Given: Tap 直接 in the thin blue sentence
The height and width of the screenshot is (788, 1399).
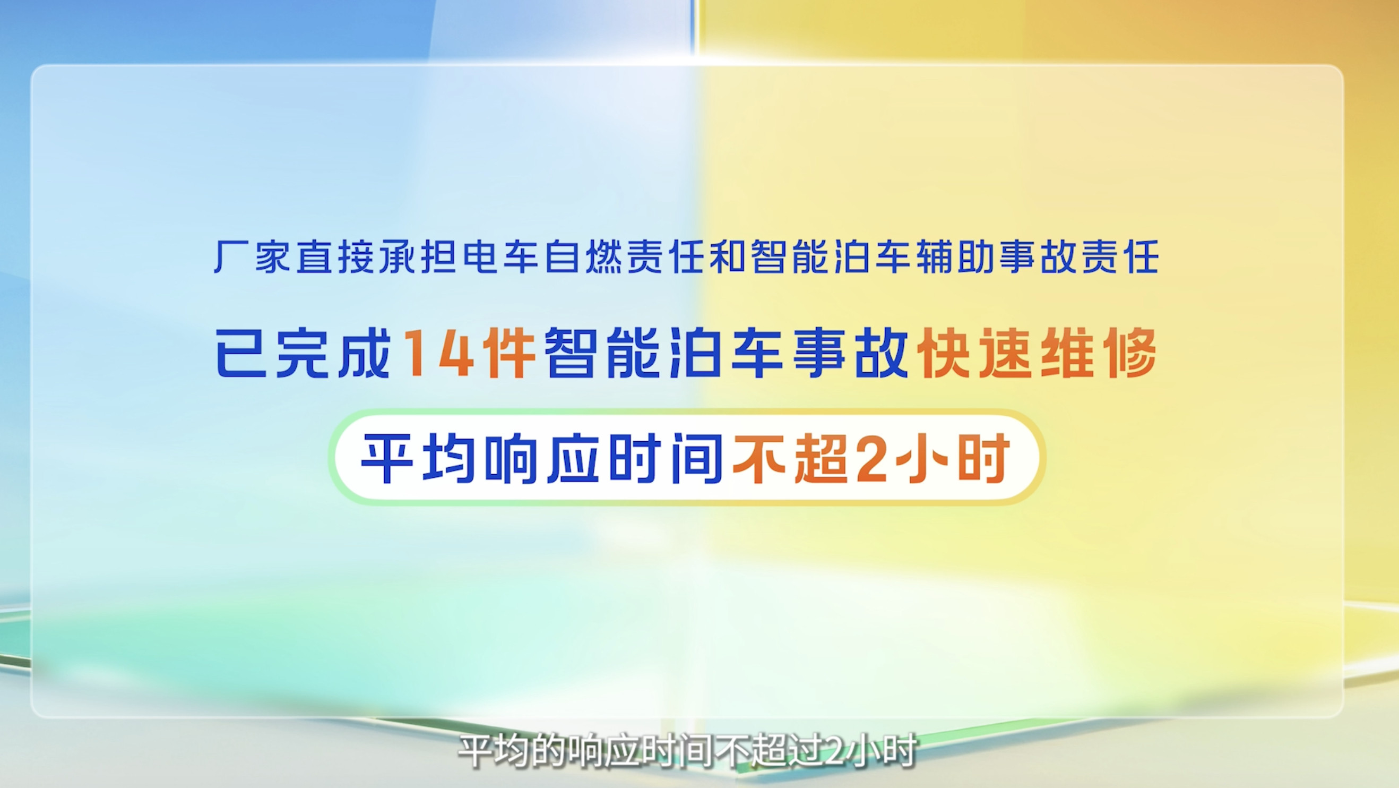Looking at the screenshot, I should [334, 256].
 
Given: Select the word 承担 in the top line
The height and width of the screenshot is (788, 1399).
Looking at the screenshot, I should [417, 256].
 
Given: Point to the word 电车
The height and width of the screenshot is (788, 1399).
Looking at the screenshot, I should [500, 256].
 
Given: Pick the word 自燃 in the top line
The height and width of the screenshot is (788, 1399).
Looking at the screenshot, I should [583, 256].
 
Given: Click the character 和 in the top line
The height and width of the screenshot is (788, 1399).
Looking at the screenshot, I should [727, 256].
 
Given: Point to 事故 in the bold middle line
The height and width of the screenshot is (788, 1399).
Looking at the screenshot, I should [850, 353].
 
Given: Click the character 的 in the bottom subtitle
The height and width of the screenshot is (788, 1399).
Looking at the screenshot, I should [547, 752].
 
